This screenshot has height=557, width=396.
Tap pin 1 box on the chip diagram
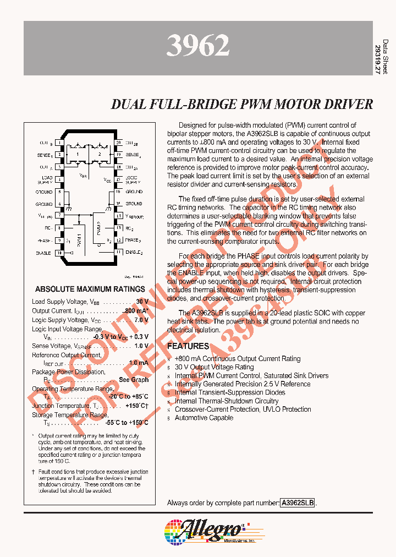click(59, 143)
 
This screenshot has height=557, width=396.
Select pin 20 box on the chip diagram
click(118, 143)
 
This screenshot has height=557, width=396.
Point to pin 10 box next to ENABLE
click(59, 253)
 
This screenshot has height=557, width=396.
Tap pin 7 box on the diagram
click(59, 216)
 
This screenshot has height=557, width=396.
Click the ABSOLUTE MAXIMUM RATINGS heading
click(90, 289)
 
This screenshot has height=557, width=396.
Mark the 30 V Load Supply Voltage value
click(142, 302)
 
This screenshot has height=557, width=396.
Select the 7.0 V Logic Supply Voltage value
click(141, 320)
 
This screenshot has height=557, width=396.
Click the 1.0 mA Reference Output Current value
click(138, 363)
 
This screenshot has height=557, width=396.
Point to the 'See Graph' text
click(134, 380)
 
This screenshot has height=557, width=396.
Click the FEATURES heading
click(188, 346)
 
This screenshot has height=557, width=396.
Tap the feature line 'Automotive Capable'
click(204, 418)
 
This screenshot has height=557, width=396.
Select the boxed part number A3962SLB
click(298, 503)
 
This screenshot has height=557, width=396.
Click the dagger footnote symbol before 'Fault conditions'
click(33, 472)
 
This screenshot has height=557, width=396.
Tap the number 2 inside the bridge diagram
click(100, 155)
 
